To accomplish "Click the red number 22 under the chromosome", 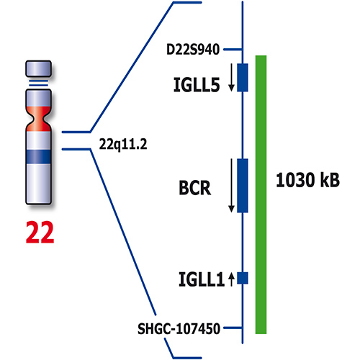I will click(x=40, y=231).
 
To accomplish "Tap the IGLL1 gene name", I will click(x=198, y=277).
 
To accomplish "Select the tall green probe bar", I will click(x=262, y=194).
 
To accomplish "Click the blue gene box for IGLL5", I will click(x=243, y=77).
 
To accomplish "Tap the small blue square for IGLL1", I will click(x=243, y=277).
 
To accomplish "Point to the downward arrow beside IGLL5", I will click(x=232, y=78).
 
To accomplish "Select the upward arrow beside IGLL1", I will click(x=232, y=279).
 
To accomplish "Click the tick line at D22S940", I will click(x=233, y=49).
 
